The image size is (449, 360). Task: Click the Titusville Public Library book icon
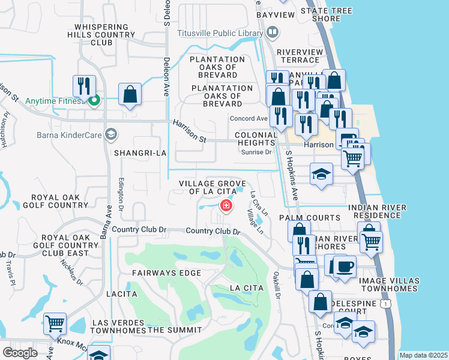tap(273, 31)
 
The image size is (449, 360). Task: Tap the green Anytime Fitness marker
tap(93, 101)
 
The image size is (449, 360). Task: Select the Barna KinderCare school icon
tap(110, 134)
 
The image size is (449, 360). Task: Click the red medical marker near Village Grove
tap(226, 206)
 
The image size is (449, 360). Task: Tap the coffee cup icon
tap(344, 266)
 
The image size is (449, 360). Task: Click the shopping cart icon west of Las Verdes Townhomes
tap(55, 323)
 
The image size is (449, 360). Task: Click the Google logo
tap(20, 353)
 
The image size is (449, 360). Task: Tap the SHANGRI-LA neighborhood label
tap(140, 154)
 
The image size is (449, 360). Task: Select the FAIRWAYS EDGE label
tap(160, 273)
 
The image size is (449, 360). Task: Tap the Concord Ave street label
tap(249, 119)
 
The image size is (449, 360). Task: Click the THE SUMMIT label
tap(174, 330)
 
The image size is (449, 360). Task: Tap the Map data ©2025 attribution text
tap(423, 355)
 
